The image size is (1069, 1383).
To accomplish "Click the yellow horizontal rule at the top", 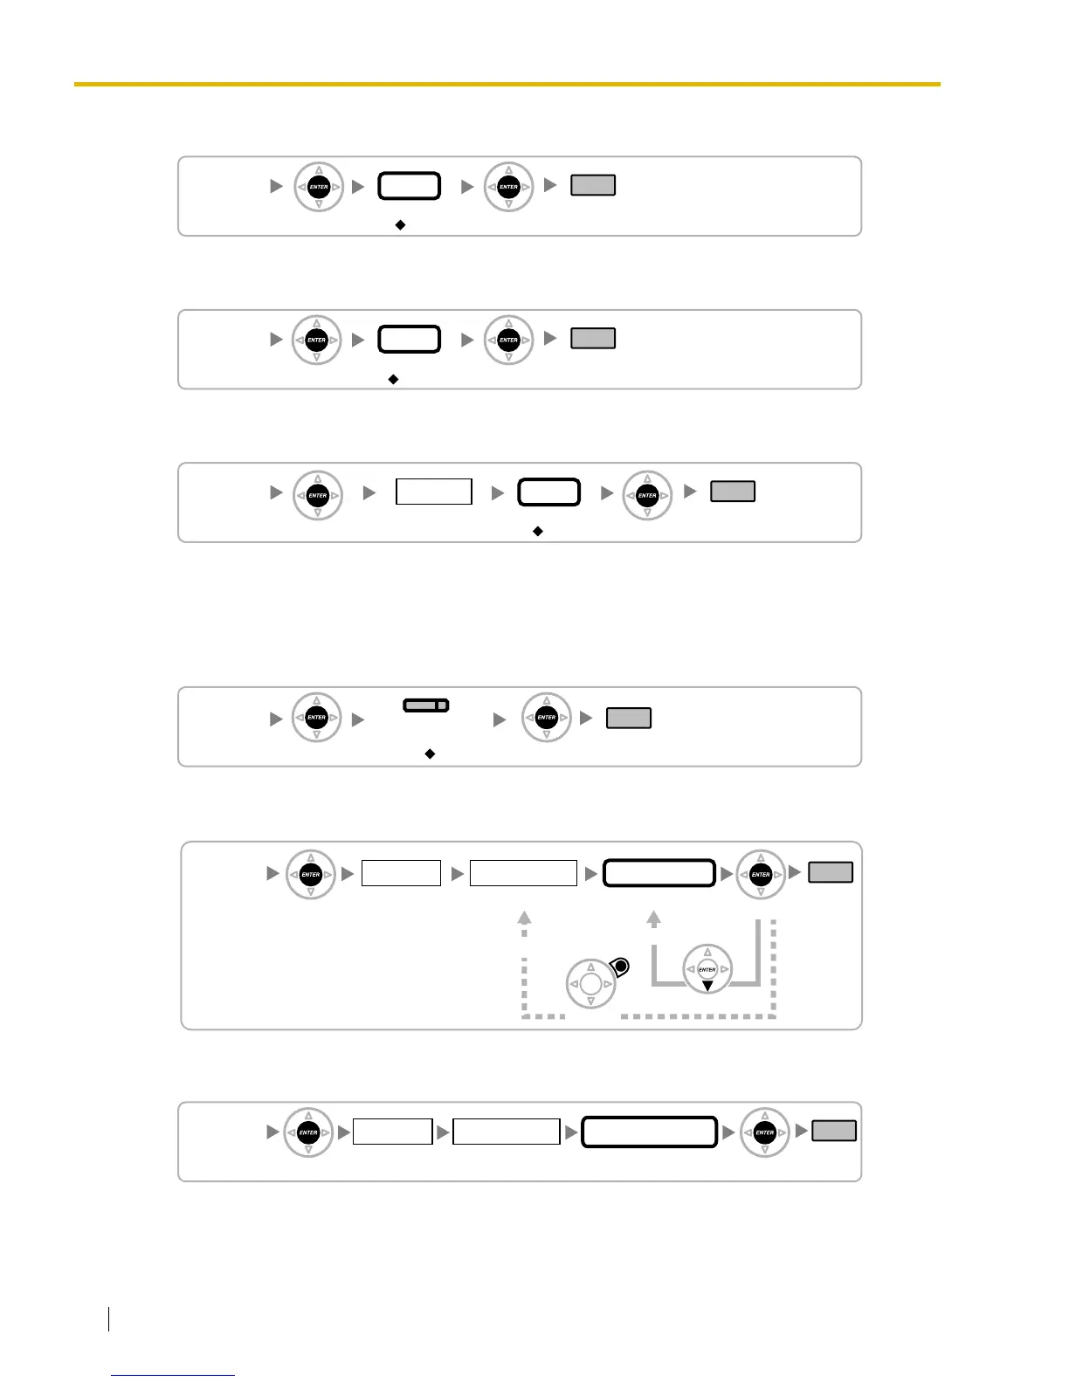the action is [507, 84].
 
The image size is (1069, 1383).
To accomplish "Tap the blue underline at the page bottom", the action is [173, 1375].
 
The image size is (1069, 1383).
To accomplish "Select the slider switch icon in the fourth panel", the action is [426, 705].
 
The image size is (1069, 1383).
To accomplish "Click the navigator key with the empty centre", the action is [590, 984].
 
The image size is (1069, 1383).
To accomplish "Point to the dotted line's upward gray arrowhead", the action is [524, 917].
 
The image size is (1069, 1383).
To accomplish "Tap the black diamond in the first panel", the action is [400, 224].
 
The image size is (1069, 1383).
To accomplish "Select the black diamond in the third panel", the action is [538, 531].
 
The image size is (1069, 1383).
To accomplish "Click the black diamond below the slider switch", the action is [430, 753].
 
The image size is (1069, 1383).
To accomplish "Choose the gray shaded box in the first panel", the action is [593, 185].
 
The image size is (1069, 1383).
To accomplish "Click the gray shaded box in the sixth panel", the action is [834, 1131].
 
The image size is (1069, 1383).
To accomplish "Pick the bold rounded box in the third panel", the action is [549, 492].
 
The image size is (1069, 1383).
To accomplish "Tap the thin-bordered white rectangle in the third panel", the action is [434, 492].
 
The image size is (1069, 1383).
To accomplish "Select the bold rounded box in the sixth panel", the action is [650, 1132].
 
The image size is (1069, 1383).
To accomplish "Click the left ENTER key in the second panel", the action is [317, 340].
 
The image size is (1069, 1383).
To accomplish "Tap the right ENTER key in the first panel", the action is [508, 187].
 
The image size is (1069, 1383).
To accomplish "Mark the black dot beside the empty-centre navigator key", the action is [620, 967].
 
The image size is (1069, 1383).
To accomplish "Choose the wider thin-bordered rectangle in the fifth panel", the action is [523, 873].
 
